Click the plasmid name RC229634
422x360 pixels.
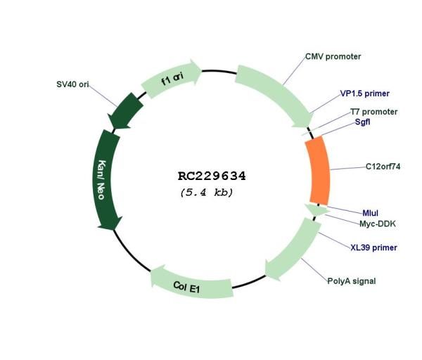tap(212, 176)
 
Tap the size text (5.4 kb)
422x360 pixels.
tap(206, 193)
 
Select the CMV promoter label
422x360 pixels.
tap(333, 57)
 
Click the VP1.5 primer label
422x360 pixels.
tap(364, 94)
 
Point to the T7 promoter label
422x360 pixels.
tap(373, 112)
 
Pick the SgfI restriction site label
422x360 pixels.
tap(362, 122)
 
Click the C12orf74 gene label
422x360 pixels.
tap(383, 167)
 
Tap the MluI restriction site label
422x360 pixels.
tap(371, 213)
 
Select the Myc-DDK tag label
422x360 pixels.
tap(378, 224)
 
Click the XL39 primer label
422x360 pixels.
tap(373, 247)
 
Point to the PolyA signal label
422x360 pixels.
tap(351, 281)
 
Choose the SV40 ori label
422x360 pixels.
tap(72, 84)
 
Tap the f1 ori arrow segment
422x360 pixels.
tap(172, 78)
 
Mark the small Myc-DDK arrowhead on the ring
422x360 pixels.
tap(317, 210)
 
